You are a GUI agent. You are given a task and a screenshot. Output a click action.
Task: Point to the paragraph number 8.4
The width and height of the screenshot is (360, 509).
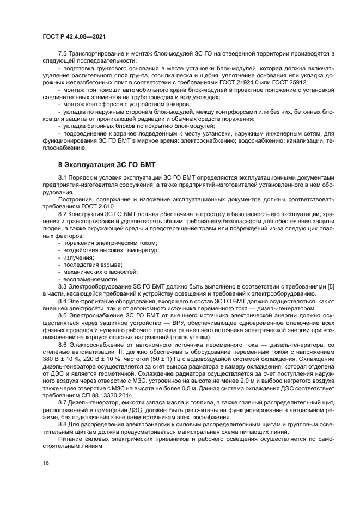[x=63, y=300]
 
